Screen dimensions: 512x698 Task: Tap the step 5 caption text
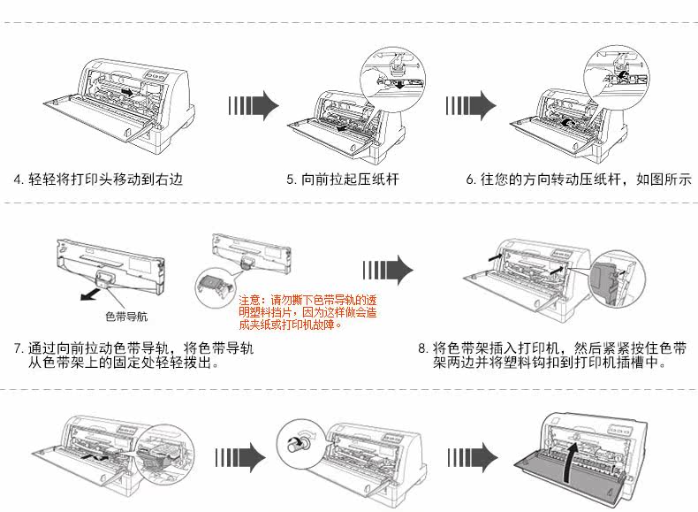343,180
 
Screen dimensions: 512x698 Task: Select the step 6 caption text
578,180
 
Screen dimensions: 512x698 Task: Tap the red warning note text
308,312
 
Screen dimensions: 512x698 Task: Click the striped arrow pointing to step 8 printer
389,269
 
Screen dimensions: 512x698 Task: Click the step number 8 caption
552,355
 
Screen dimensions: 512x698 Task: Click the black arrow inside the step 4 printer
129,91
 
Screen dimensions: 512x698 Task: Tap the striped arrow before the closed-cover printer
469,457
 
